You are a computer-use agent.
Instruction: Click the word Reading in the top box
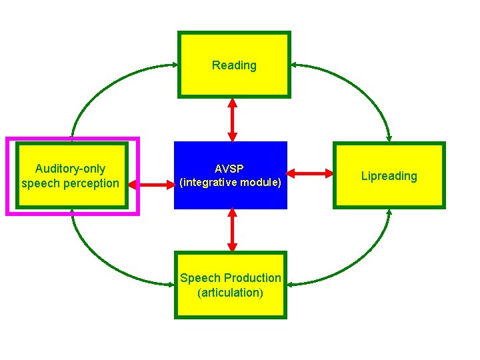coord(234,65)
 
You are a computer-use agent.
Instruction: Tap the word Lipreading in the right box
coord(389,176)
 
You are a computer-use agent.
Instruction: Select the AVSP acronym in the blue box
coord(230,169)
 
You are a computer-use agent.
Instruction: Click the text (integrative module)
coord(230,182)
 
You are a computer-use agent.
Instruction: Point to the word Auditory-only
coord(70,169)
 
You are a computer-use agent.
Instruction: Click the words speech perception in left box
coord(70,183)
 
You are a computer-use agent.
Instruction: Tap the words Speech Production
coord(231,278)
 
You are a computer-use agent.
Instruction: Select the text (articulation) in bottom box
coord(231,293)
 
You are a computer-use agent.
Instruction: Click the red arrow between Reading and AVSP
coord(232,119)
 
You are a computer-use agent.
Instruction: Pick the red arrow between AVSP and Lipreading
coord(310,174)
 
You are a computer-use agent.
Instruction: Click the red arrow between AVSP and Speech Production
coord(232,230)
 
